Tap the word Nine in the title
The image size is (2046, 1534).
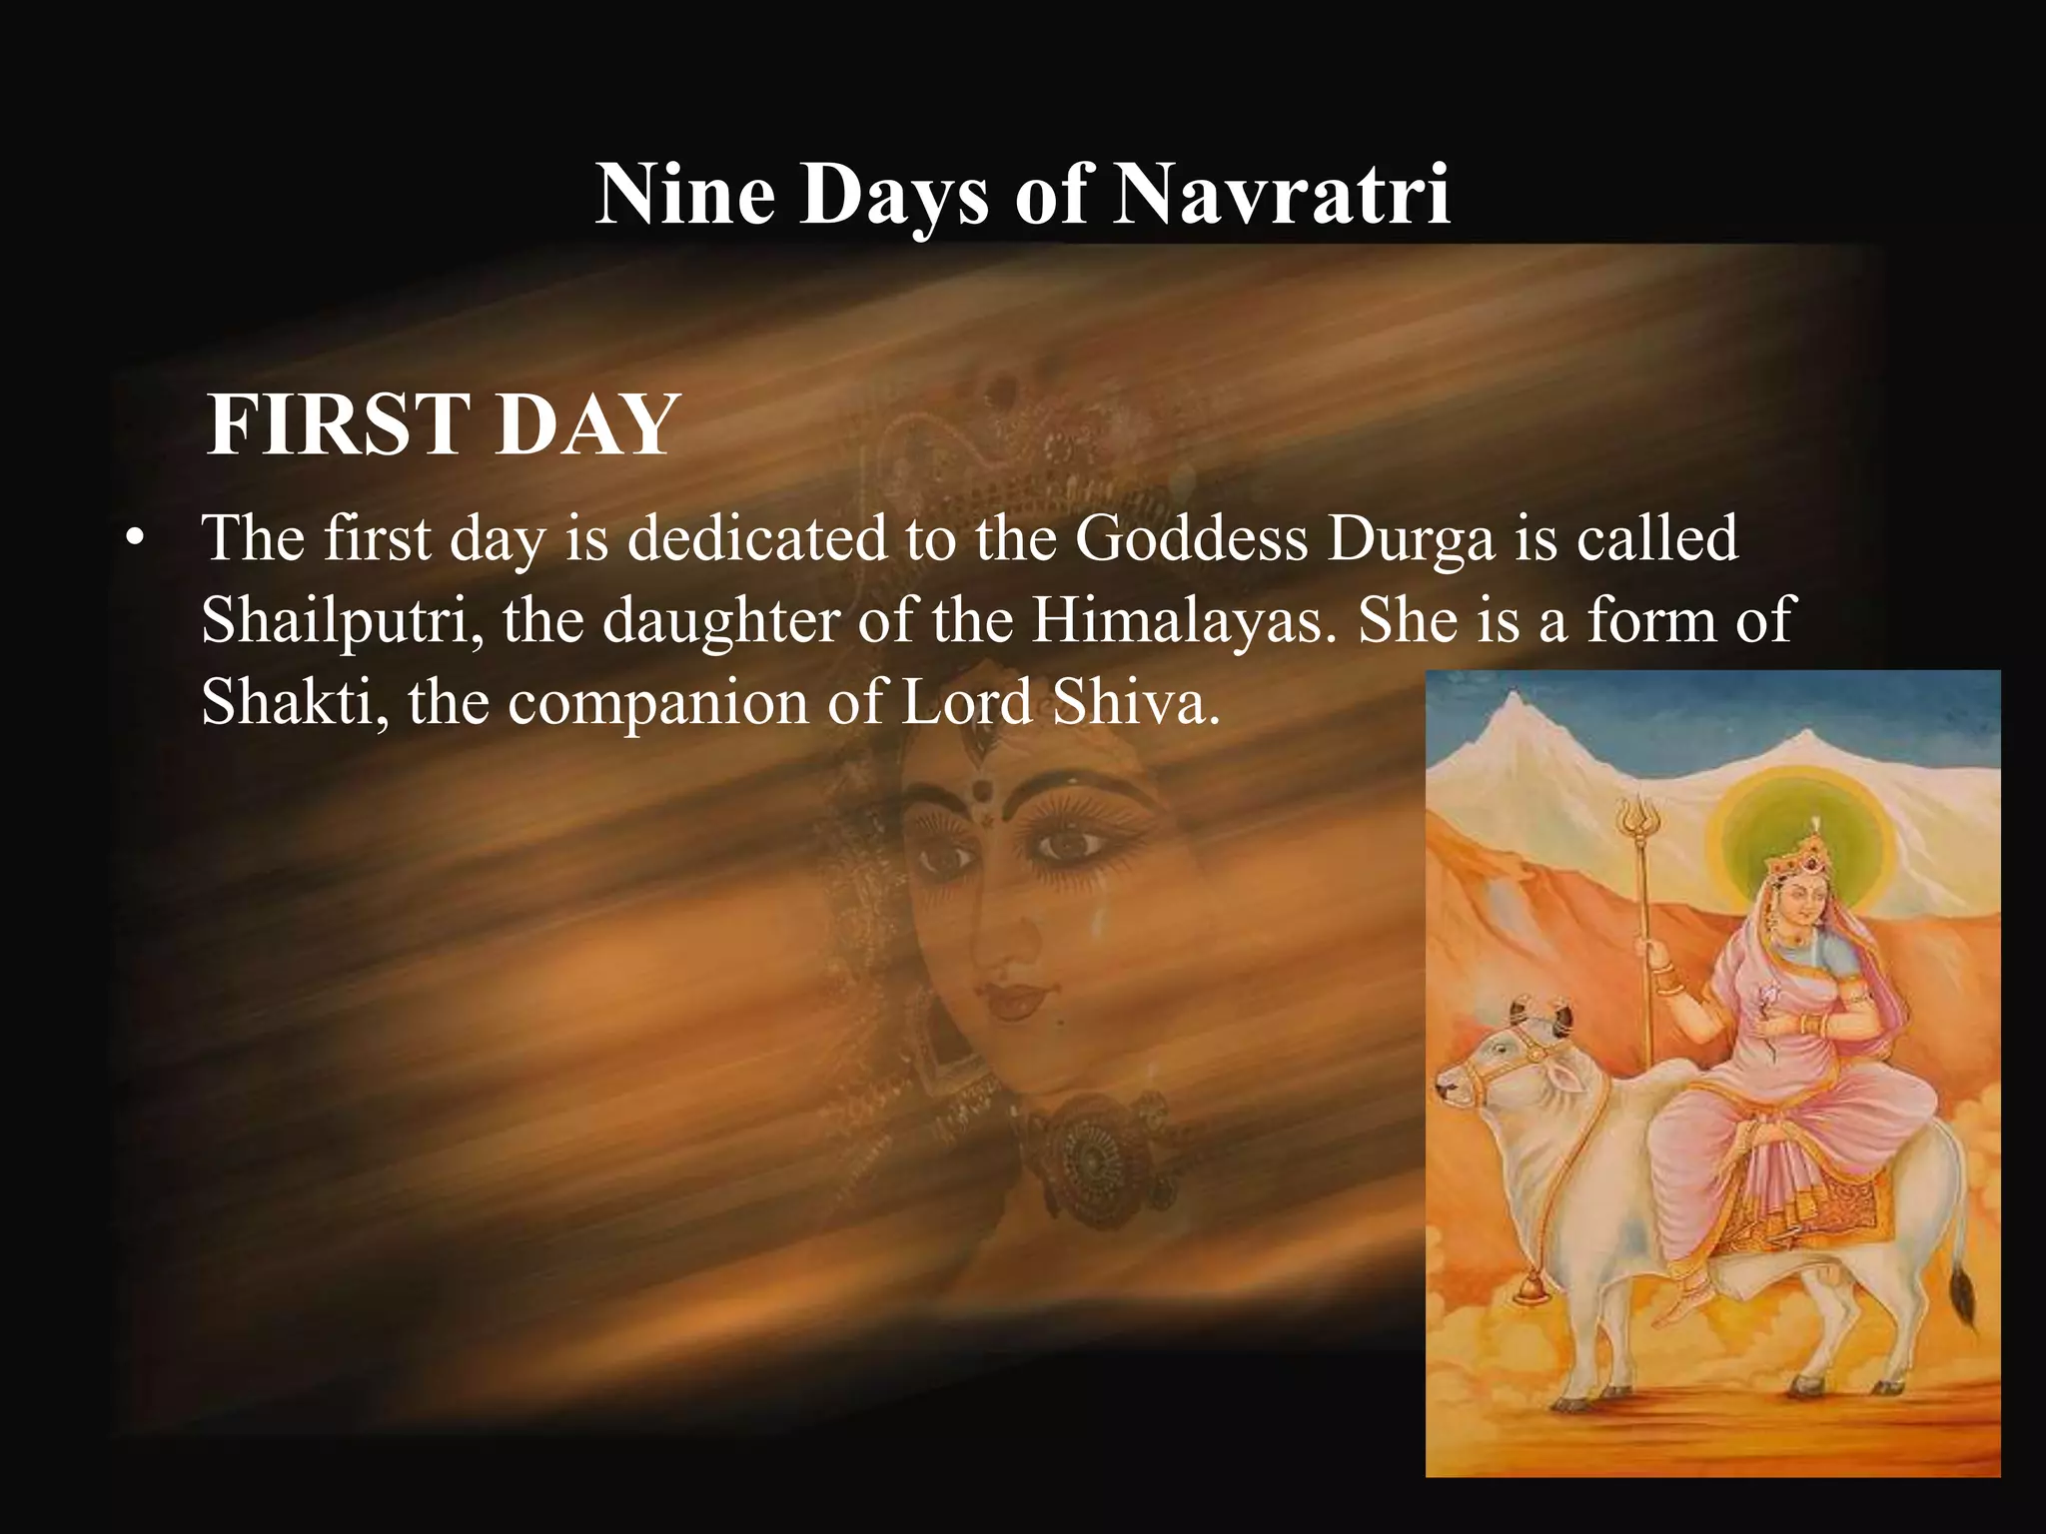tap(684, 195)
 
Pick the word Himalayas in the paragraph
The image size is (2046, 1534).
tap(1183, 619)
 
